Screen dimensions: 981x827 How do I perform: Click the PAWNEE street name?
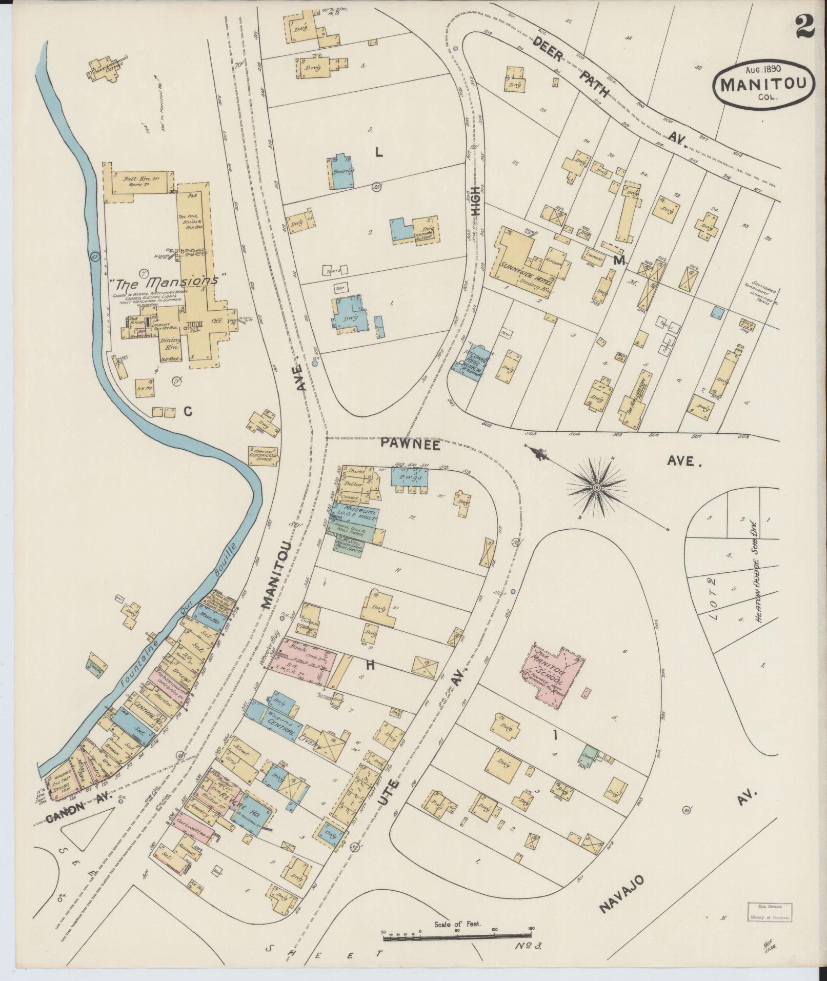tap(411, 445)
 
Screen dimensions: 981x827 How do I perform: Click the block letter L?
tap(379, 152)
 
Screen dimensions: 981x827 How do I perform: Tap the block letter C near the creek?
tap(188, 411)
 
